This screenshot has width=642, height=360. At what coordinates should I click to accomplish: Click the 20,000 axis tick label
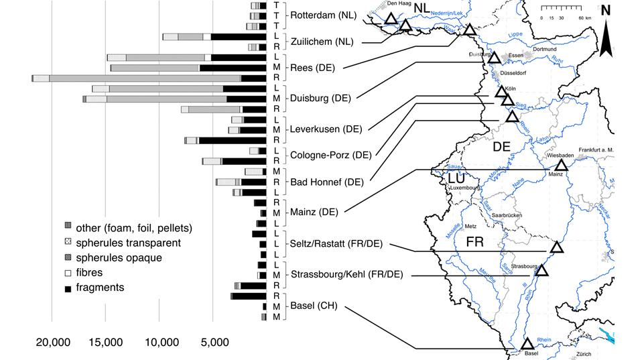[52, 342]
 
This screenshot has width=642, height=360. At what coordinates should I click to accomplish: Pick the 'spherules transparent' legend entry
[127, 242]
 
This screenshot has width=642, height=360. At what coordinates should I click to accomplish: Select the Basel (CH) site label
[313, 306]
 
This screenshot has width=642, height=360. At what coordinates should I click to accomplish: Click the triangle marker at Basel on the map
[528, 343]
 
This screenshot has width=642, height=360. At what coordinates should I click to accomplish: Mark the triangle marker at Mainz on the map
[561, 164]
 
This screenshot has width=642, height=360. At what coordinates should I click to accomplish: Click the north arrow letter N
[605, 10]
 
